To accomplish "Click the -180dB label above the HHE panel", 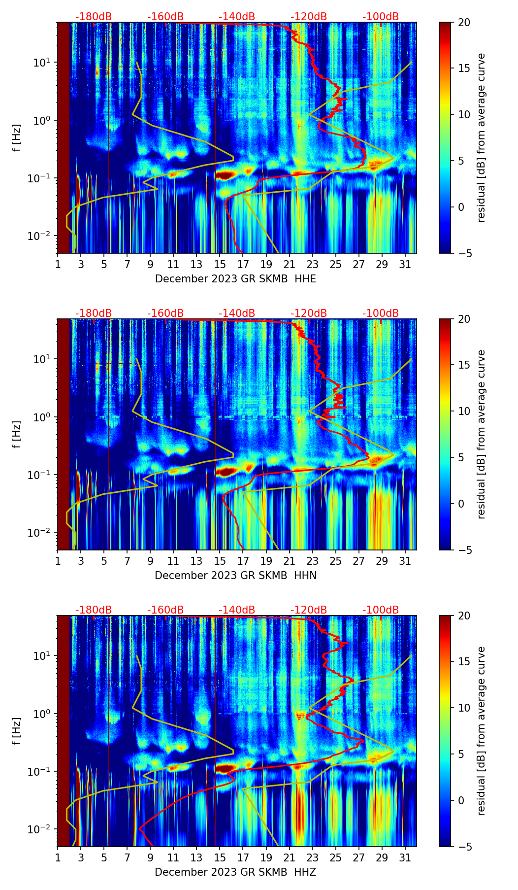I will pyautogui.click(x=94, y=17).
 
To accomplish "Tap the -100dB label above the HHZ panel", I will pyautogui.click(x=381, y=610).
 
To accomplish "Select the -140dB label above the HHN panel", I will pyautogui.click(x=237, y=313).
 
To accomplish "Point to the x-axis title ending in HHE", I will pyautogui.click(x=235, y=279).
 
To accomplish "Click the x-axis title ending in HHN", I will pyautogui.click(x=235, y=576).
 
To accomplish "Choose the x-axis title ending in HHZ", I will pyautogui.click(x=235, y=872).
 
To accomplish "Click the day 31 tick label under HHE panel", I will pyautogui.click(x=405, y=264).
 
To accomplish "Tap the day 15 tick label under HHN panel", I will pyautogui.click(x=220, y=561).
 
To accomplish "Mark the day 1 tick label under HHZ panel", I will pyautogui.click(x=58, y=857).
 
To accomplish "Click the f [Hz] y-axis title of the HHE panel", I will pyautogui.click(x=17, y=137).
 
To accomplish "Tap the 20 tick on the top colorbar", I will pyautogui.click(x=464, y=22).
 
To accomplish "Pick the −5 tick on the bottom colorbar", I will pyautogui.click(x=464, y=847).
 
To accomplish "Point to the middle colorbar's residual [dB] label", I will pyautogui.click(x=482, y=434).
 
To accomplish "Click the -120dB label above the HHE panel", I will pyautogui.click(x=309, y=17).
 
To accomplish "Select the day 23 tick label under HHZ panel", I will pyautogui.click(x=313, y=857).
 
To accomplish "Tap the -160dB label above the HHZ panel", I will pyautogui.click(x=165, y=610).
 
